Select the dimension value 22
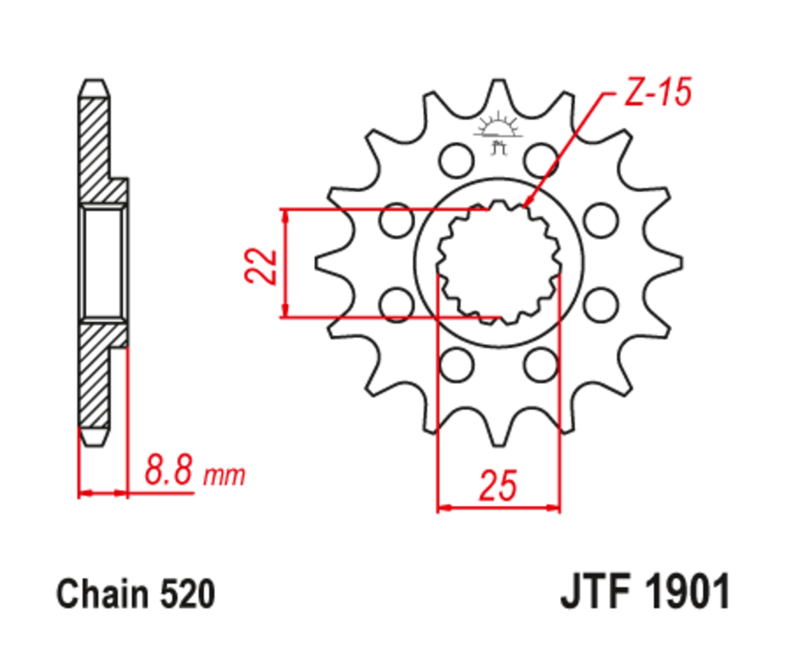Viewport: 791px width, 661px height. click(x=262, y=265)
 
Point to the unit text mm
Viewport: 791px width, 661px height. click(x=224, y=477)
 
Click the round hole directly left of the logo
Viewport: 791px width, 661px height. click(x=455, y=160)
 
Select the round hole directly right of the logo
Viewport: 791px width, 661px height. click(x=541, y=160)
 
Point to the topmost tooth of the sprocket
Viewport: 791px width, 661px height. click(x=497, y=88)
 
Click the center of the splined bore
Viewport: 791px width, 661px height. click(x=497, y=261)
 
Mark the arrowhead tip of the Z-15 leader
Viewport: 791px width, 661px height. click(x=526, y=208)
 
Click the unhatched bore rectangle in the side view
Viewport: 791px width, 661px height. click(x=104, y=262)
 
